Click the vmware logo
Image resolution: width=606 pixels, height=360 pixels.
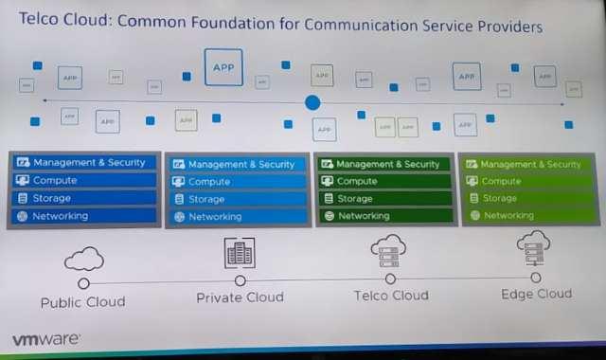45,338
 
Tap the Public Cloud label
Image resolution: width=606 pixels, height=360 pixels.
82,302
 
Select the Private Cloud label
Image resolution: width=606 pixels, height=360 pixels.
240,297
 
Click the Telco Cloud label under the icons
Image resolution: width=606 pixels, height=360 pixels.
391,296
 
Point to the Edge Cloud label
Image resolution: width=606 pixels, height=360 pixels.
536,294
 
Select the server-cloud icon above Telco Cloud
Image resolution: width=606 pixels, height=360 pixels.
389,251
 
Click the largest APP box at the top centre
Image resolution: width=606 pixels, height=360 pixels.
223,67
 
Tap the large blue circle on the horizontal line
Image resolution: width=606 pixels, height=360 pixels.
312,102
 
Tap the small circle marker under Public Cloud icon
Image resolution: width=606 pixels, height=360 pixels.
83,282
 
